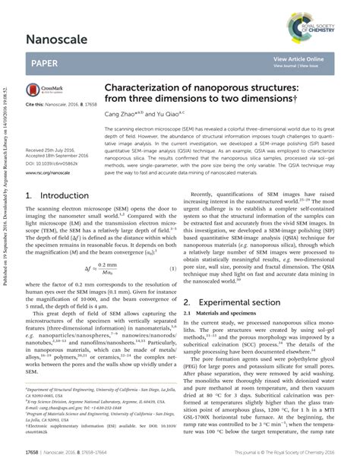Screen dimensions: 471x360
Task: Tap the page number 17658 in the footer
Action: coord(37,455)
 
